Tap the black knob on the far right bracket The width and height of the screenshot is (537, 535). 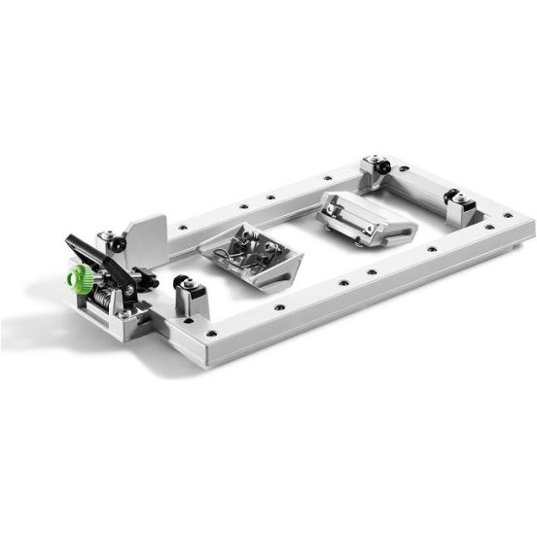point(452,197)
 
